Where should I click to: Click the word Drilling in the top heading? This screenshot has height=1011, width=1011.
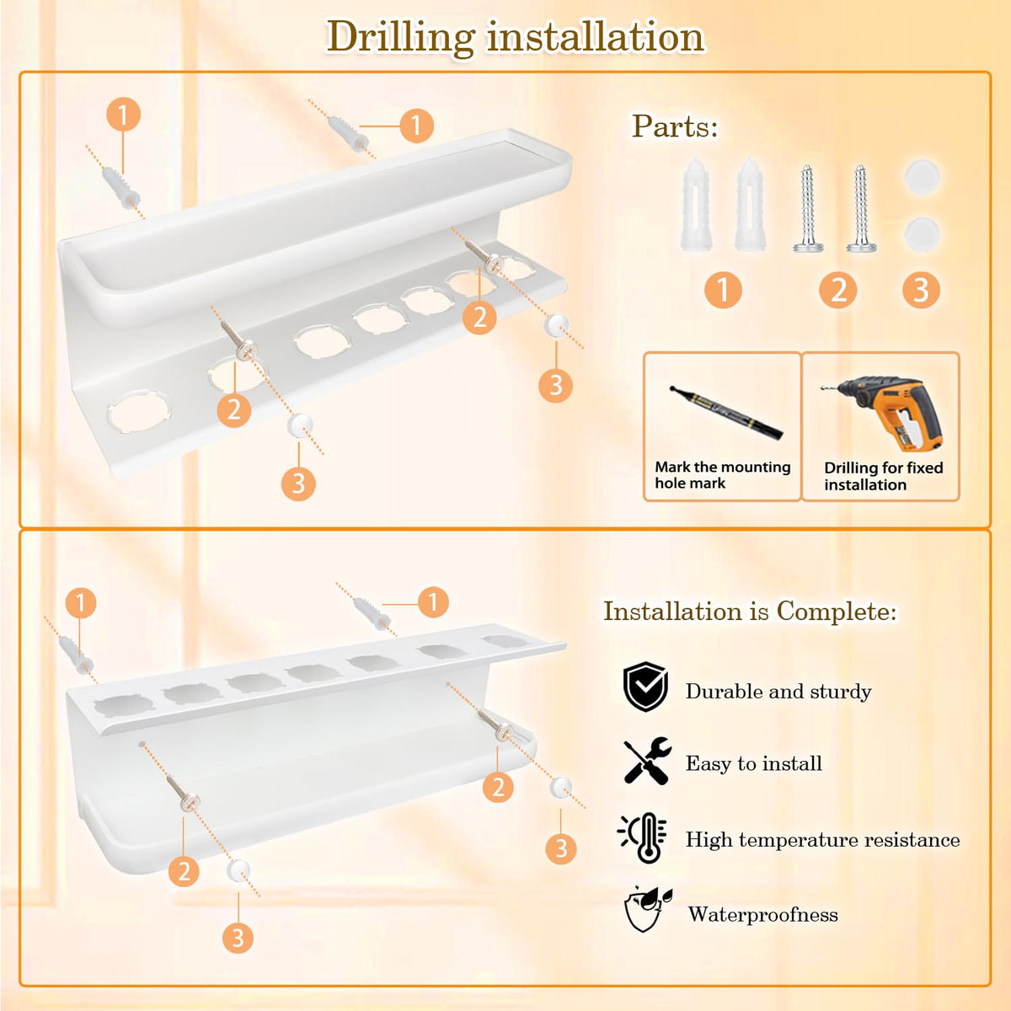401,38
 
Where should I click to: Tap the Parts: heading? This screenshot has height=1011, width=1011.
675,126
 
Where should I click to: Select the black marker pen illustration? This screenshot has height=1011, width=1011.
726,412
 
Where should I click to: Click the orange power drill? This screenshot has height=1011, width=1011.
886,412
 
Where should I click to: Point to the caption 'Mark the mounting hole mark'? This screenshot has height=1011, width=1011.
722,475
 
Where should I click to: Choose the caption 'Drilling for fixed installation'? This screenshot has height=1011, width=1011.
884,476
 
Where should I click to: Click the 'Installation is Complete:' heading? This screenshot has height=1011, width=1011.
751,611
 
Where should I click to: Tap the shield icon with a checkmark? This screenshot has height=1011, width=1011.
645,687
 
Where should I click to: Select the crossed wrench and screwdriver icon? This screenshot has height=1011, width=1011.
647,761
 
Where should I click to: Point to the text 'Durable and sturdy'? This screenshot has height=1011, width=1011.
778,692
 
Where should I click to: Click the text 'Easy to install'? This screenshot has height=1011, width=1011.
754,763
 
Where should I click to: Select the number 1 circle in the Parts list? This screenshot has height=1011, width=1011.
723,290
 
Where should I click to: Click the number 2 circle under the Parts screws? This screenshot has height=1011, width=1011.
837,290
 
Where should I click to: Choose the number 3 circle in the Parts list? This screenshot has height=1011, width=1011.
922,290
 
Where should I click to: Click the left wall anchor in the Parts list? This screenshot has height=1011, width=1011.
695,205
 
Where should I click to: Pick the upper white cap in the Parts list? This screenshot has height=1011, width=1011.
922,177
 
